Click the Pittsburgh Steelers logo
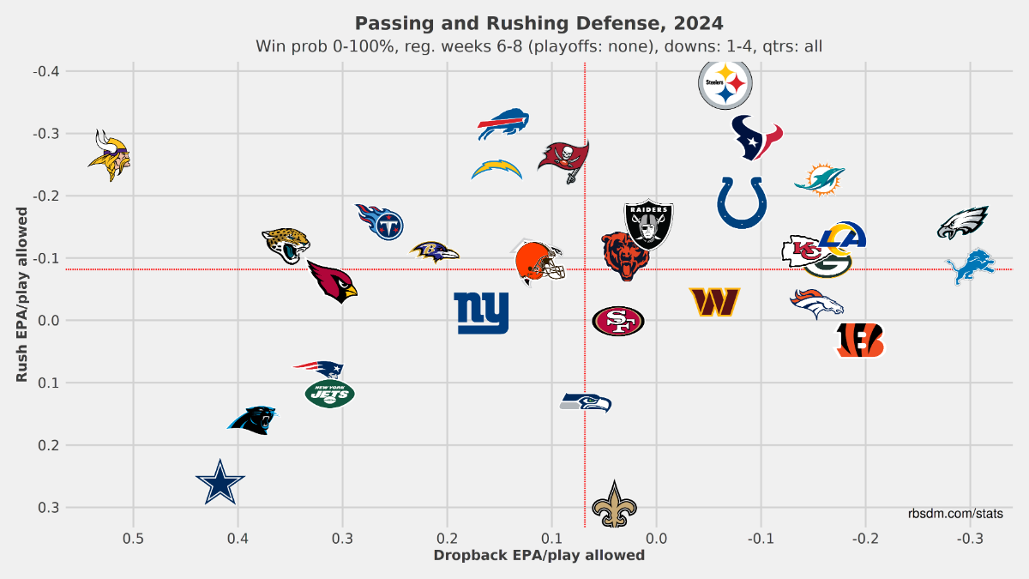pyautogui.click(x=725, y=84)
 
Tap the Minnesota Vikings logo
pyautogui.click(x=110, y=155)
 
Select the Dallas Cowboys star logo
pyautogui.click(x=221, y=483)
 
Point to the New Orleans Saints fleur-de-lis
pyautogui.click(x=614, y=505)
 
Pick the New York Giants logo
pyautogui.click(x=481, y=313)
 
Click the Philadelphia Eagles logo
pyautogui.click(x=963, y=223)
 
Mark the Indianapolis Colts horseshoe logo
pyautogui.click(x=742, y=202)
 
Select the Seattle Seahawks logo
pyautogui.click(x=586, y=401)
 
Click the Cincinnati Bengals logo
pyautogui.click(x=860, y=341)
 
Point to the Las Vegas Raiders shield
pyautogui.click(x=649, y=225)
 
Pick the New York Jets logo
pyautogui.click(x=329, y=394)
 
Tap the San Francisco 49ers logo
pyautogui.click(x=618, y=321)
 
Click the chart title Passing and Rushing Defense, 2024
pyautogui.click(x=539, y=21)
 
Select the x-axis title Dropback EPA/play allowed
pyautogui.click(x=539, y=556)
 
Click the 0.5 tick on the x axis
pyautogui.click(x=133, y=539)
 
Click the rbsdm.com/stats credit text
pyautogui.click(x=956, y=513)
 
